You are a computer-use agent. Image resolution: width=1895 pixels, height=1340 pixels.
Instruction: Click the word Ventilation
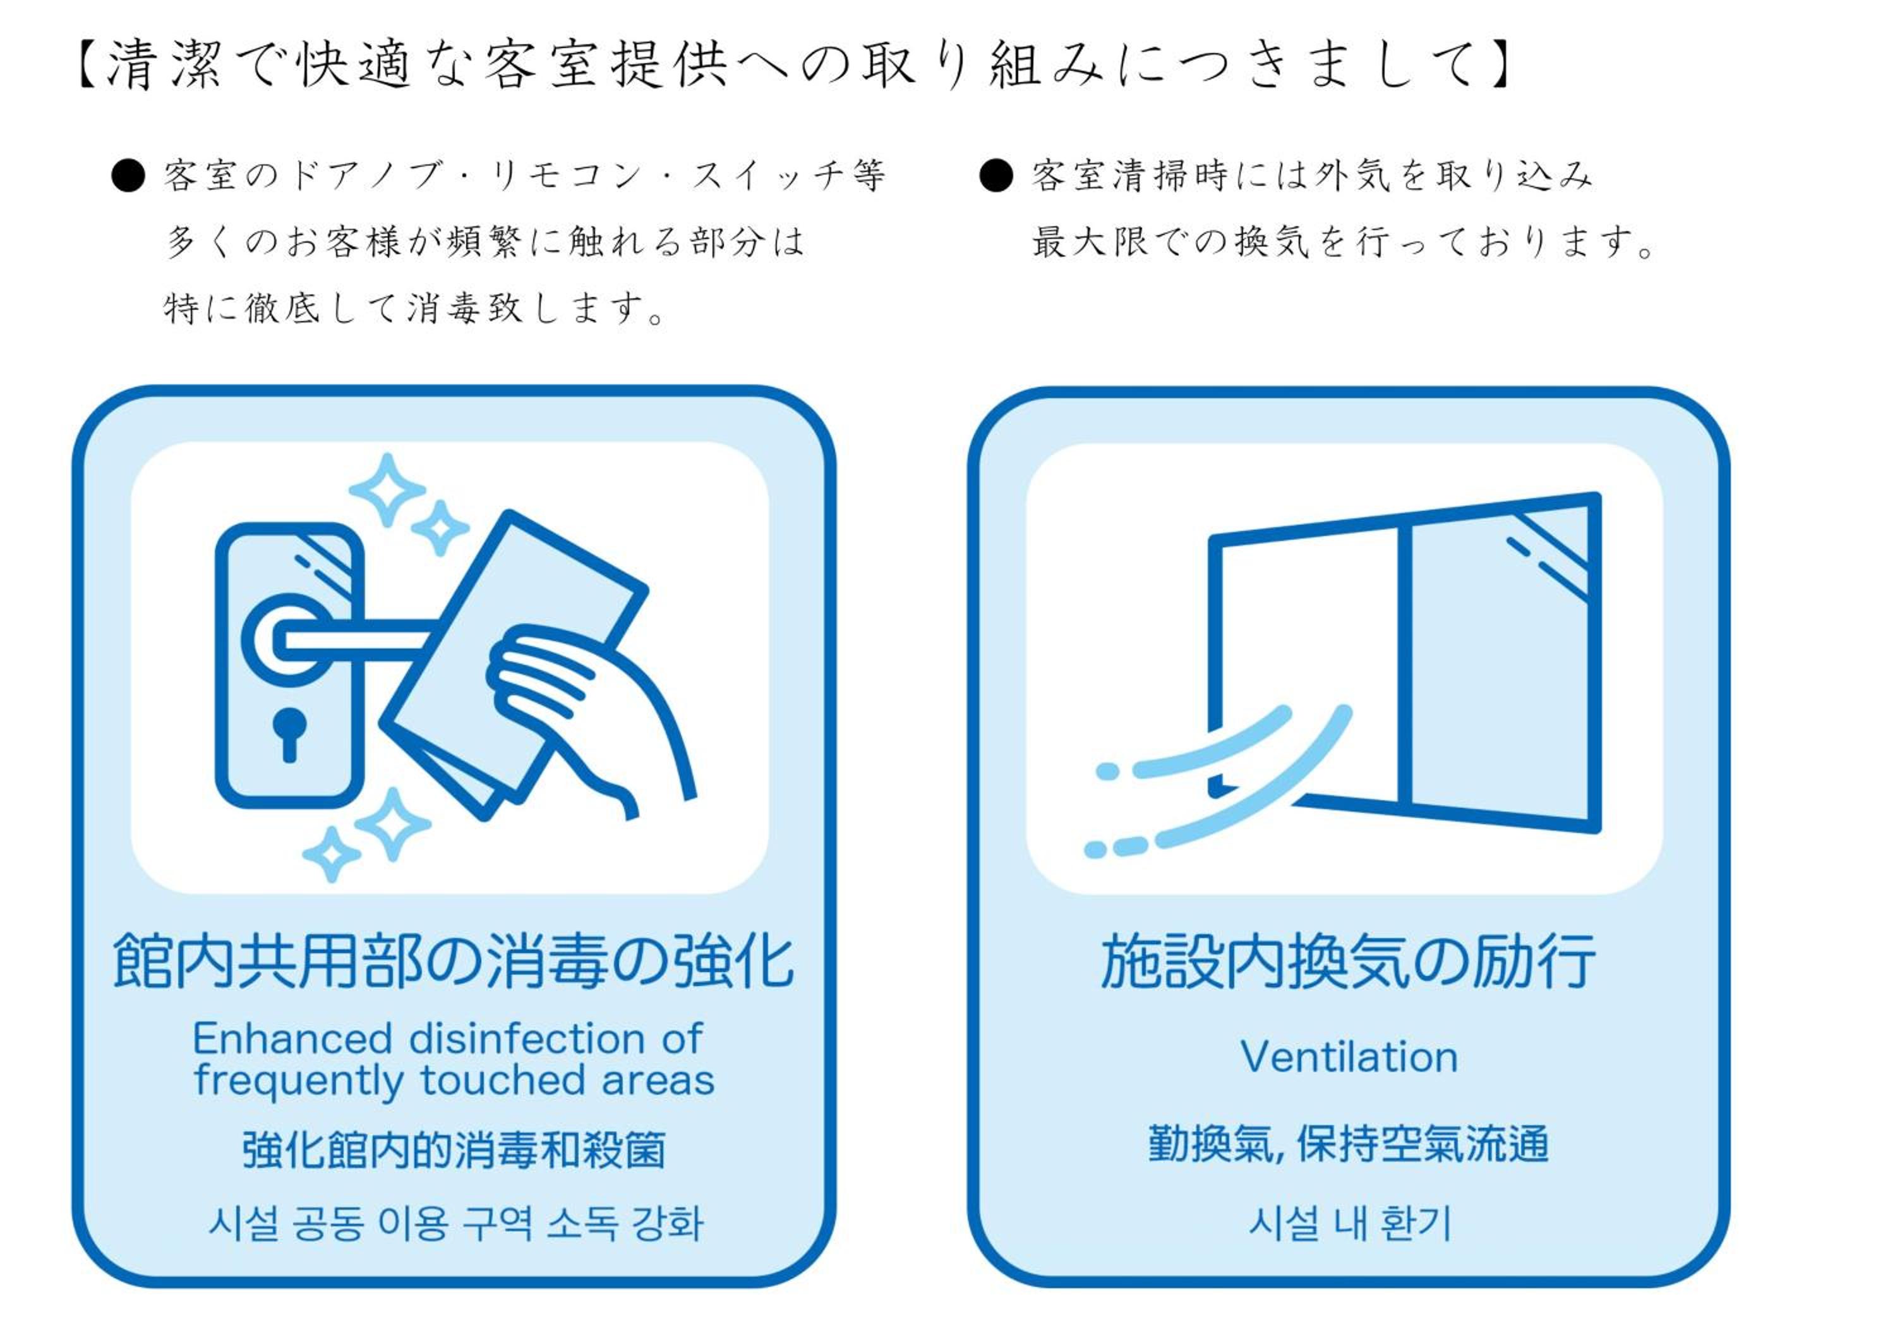pyautogui.click(x=1349, y=1057)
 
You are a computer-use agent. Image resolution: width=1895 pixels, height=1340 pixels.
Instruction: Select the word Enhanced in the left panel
pyautogui.click(x=292, y=1038)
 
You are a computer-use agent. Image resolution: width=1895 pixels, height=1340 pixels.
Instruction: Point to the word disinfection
pyautogui.click(x=527, y=1038)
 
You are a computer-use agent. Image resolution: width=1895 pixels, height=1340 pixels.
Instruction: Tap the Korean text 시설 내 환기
pyautogui.click(x=1349, y=1224)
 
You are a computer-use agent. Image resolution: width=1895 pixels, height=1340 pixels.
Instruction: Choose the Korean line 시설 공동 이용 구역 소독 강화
pyautogui.click(x=455, y=1224)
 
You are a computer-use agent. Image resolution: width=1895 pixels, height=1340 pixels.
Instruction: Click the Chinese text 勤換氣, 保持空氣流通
pyautogui.click(x=1348, y=1144)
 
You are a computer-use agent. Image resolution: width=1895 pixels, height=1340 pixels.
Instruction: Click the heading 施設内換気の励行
pyautogui.click(x=1348, y=962)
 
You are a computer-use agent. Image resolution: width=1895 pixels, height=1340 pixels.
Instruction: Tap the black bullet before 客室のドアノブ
pyautogui.click(x=128, y=176)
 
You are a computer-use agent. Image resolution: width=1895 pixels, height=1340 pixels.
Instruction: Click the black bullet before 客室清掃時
pyautogui.click(x=996, y=176)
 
